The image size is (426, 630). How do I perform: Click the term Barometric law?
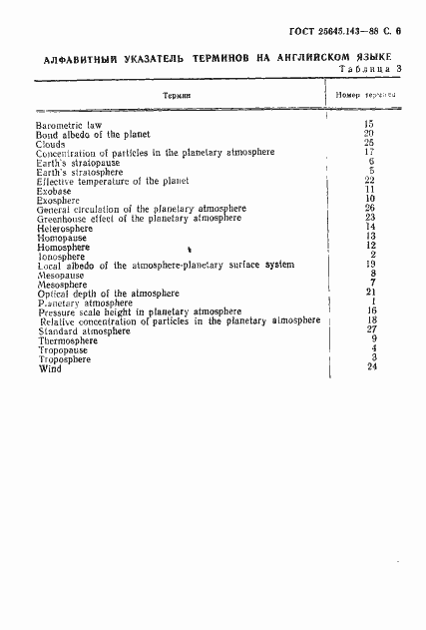[69, 124]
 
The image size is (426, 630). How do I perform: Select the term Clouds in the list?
[52, 143]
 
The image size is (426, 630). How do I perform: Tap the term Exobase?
[53, 189]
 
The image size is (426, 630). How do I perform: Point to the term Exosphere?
[57, 198]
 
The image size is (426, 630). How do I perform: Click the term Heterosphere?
[63, 227]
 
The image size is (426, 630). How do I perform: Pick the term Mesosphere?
[60, 284]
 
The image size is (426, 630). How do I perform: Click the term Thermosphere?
[66, 339]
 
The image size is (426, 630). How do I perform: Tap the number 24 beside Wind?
[369, 365]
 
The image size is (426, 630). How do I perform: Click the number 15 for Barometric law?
[369, 123]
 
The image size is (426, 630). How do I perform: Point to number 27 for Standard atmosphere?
[369, 328]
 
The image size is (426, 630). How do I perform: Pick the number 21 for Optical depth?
[369, 292]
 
